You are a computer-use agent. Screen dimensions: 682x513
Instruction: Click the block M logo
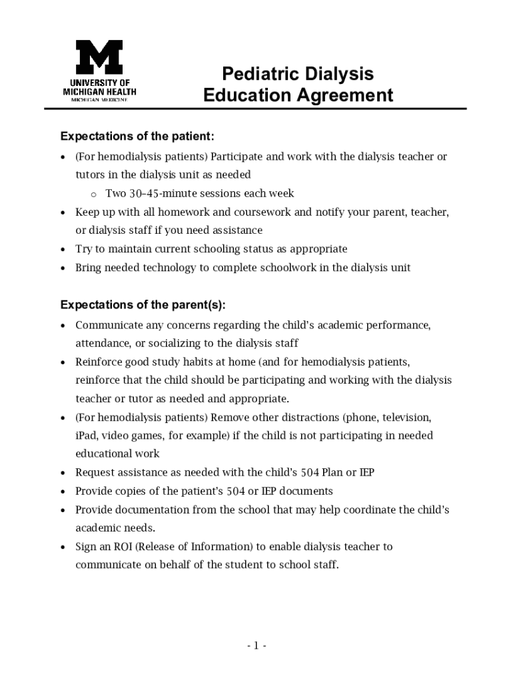click(99, 57)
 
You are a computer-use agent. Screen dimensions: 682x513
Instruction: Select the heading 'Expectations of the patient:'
click(137, 137)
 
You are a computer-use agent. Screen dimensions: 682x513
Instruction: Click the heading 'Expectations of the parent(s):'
click(143, 305)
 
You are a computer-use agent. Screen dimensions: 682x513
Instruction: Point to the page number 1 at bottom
click(256, 645)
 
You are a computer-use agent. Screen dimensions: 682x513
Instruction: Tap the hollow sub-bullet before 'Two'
click(94, 194)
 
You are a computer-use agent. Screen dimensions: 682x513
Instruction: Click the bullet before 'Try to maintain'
click(63, 250)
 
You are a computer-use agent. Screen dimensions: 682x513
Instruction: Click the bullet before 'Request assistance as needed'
click(63, 474)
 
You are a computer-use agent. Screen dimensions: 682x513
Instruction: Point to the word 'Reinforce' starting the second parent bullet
click(99, 362)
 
